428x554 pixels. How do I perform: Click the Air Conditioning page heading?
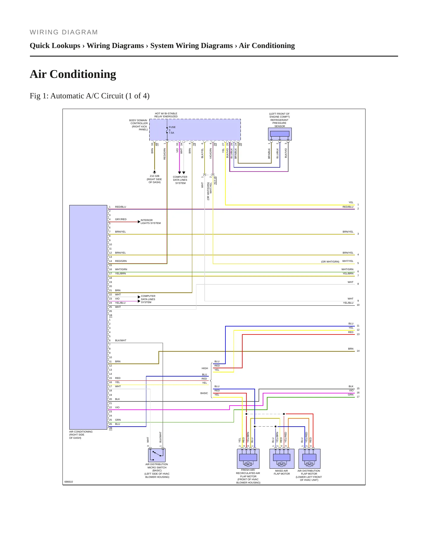73,74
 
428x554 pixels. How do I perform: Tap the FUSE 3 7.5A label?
172,130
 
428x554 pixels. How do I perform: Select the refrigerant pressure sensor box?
280,134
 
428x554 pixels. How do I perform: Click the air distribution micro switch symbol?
157,455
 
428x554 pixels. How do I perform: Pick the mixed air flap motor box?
282,459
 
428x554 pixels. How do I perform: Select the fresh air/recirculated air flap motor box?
248,459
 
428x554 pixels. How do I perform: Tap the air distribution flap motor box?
310,459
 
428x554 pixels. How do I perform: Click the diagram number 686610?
69,482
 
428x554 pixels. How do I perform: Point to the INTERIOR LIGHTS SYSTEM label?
151,222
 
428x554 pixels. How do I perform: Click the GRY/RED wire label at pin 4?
121,219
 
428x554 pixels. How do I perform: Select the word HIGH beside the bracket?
205,368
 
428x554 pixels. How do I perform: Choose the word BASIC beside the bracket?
204,393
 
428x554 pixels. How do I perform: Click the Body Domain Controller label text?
138,125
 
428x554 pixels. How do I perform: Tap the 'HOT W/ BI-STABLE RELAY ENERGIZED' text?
166,115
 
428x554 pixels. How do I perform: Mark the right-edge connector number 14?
358,351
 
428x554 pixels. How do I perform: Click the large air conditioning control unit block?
88,317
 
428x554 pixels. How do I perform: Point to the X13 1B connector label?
215,180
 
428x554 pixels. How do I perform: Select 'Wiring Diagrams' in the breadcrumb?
115,46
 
